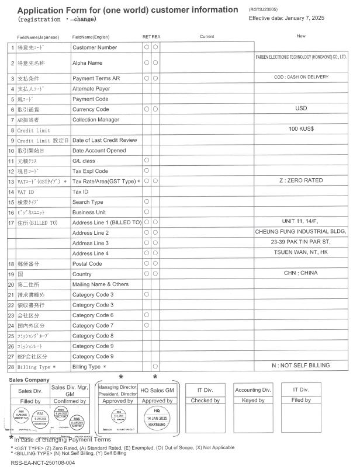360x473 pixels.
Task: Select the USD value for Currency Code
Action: (301, 109)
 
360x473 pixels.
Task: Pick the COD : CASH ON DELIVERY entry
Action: (302, 78)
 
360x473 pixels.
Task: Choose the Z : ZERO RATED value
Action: (302, 180)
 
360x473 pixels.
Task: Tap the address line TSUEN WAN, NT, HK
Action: (302, 253)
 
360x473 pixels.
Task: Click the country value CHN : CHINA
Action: (302, 273)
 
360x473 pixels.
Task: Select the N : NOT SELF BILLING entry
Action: (302, 366)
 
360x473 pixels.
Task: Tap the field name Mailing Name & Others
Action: (100, 284)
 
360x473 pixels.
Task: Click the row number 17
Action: (11, 222)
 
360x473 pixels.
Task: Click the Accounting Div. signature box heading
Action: (252, 390)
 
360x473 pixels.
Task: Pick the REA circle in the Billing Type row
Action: (156, 367)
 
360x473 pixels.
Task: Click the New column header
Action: (301, 36)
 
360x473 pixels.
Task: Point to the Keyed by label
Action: (252, 401)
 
